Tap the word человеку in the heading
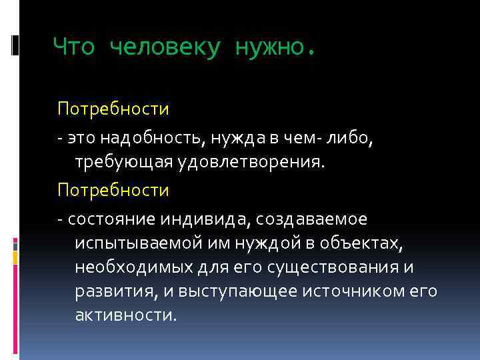(x=163, y=47)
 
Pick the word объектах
(x=363, y=243)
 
